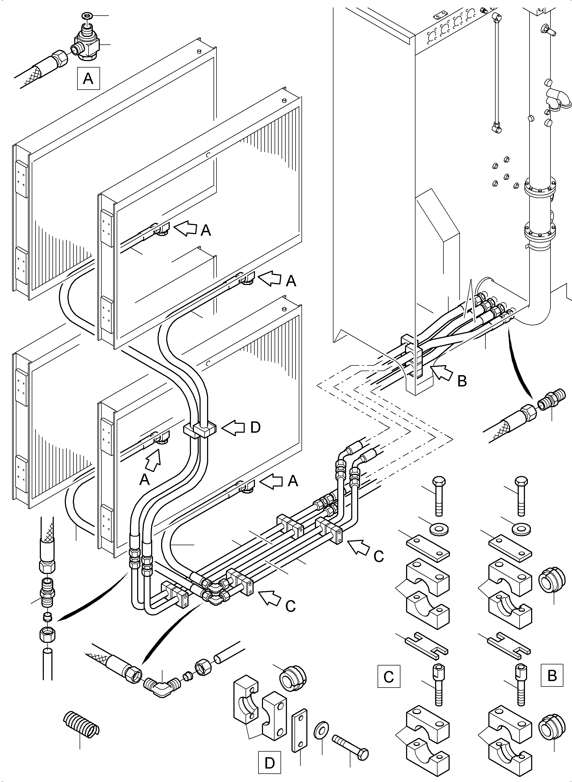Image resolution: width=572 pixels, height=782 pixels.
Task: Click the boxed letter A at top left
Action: coord(88,79)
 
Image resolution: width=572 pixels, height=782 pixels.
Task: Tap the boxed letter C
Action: coord(389,676)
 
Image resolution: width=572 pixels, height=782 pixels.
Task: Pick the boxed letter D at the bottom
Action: coord(270,763)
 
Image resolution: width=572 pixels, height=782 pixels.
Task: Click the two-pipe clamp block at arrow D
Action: coord(199,430)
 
